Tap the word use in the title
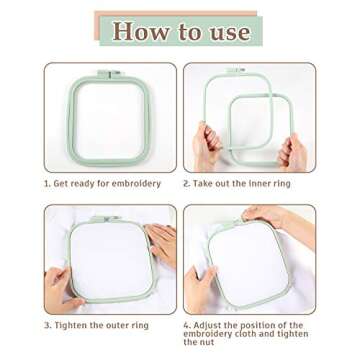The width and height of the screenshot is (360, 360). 229,31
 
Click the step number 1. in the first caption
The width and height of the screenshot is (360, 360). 47,184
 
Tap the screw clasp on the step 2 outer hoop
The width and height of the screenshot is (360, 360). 235,71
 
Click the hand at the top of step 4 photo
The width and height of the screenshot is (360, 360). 265,216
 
